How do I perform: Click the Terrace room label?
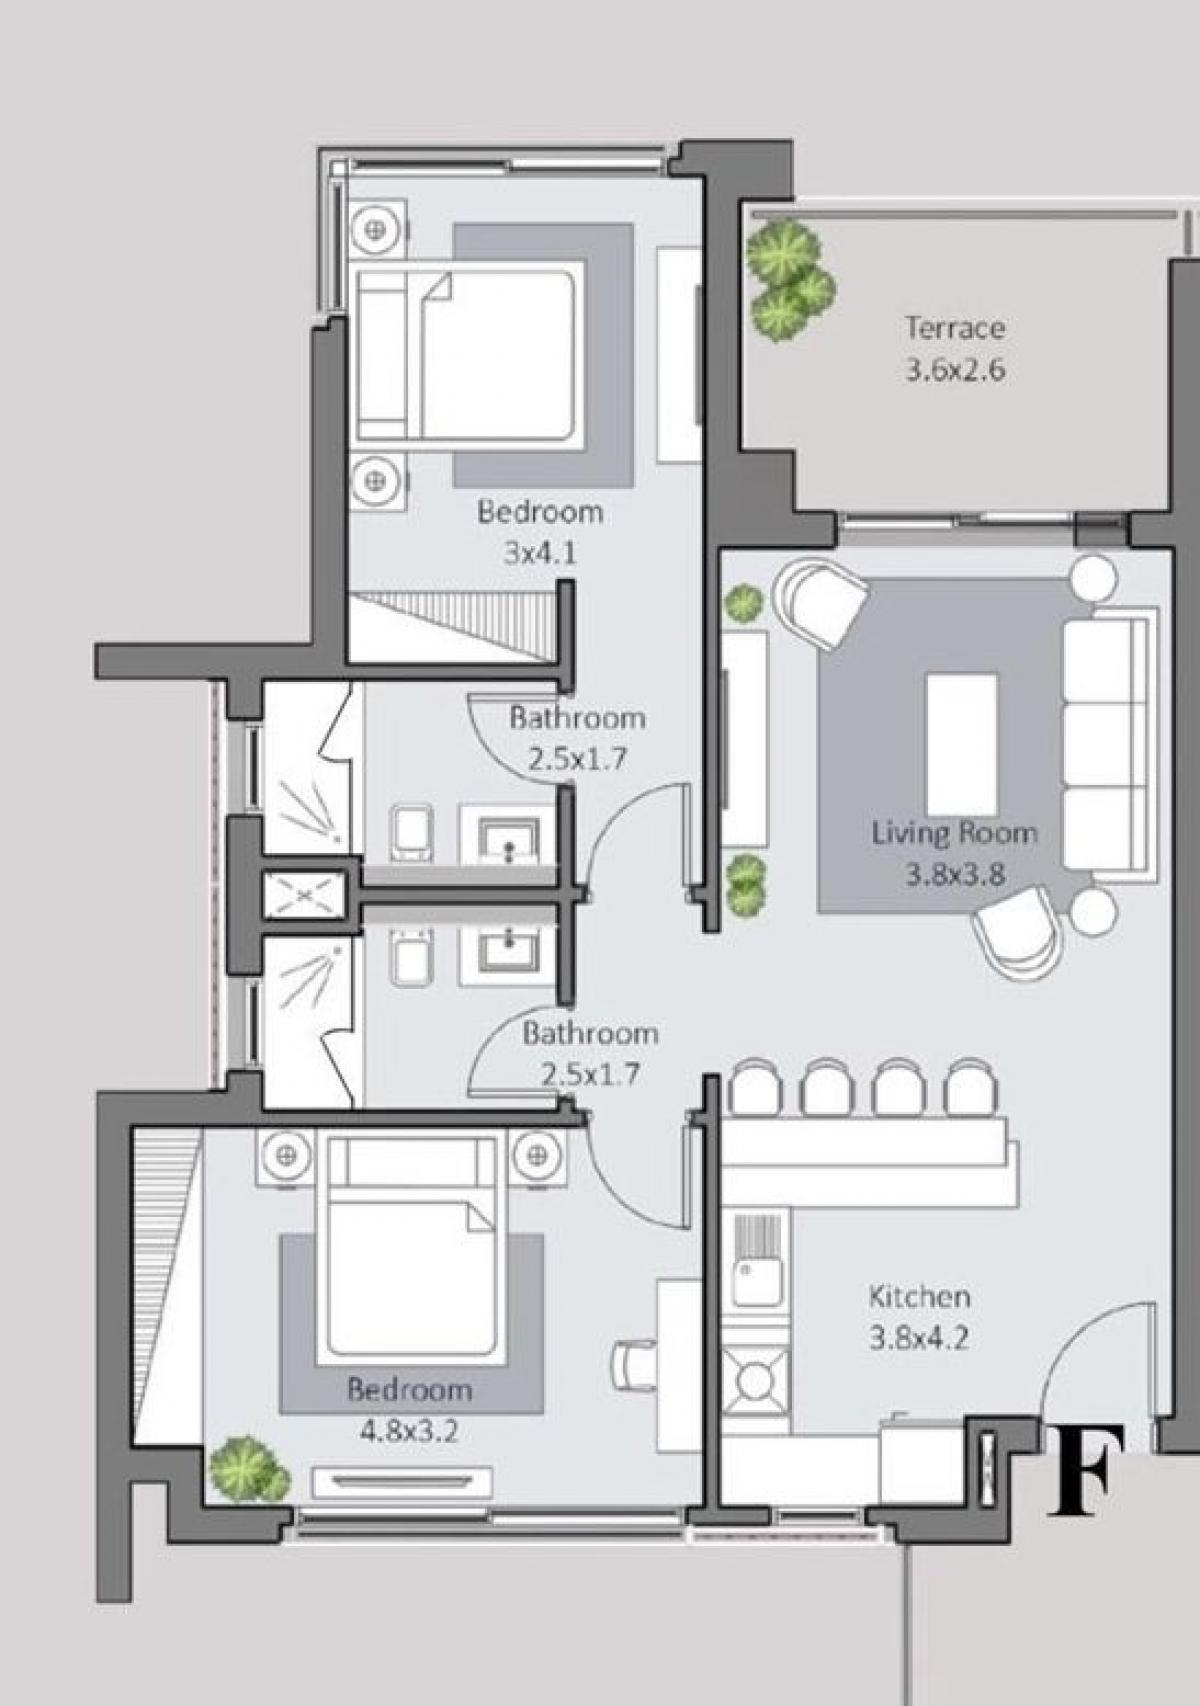(x=955, y=327)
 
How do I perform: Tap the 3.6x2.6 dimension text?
(x=955, y=371)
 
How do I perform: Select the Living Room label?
(x=953, y=832)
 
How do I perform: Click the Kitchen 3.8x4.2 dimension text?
(x=919, y=1338)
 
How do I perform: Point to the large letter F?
(x=1086, y=1470)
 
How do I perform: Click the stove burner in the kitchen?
(x=756, y=1380)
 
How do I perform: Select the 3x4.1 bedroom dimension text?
(x=540, y=553)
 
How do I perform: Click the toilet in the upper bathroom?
(x=412, y=832)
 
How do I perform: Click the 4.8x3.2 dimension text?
(x=408, y=1432)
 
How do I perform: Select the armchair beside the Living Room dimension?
(x=1016, y=930)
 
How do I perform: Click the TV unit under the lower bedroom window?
(x=401, y=1481)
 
